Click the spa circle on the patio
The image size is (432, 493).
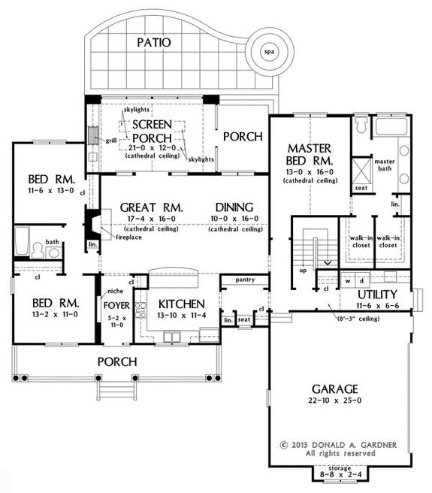click(x=268, y=53)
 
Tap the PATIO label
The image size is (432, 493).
click(x=154, y=42)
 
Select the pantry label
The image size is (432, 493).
click(x=245, y=280)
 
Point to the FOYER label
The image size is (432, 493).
click(x=116, y=305)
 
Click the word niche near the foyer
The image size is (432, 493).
click(x=115, y=291)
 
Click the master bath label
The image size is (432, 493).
click(x=385, y=165)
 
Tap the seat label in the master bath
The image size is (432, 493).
click(x=359, y=188)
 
